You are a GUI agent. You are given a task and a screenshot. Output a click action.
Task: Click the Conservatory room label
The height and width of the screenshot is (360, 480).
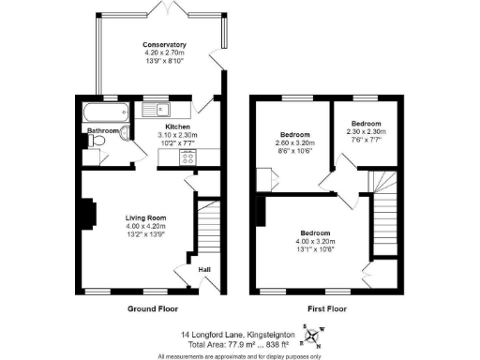164,45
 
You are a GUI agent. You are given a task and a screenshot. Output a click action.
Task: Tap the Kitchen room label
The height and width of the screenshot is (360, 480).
178,126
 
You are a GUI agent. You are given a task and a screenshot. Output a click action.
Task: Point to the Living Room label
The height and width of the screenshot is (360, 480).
145,218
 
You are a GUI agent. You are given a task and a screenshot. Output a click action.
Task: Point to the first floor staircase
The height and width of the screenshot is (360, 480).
385,211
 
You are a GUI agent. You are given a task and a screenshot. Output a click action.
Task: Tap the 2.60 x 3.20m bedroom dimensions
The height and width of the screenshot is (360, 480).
295,142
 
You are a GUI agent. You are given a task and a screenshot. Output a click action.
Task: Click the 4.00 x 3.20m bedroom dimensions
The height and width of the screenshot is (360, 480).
315,240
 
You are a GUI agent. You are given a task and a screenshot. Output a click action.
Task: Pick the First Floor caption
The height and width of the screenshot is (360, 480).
329,307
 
